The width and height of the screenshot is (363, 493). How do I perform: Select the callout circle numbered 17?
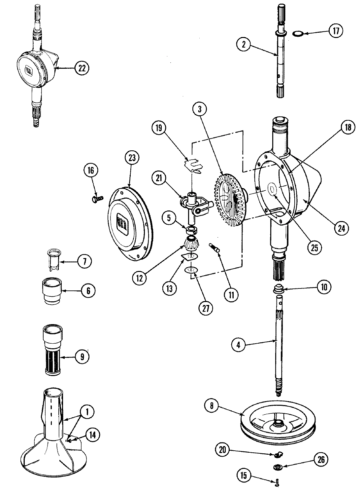[336, 31]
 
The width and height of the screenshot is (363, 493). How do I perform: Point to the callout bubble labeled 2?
[244, 45]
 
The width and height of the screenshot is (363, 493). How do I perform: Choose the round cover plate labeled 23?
[129, 228]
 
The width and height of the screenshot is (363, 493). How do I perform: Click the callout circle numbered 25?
[314, 248]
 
